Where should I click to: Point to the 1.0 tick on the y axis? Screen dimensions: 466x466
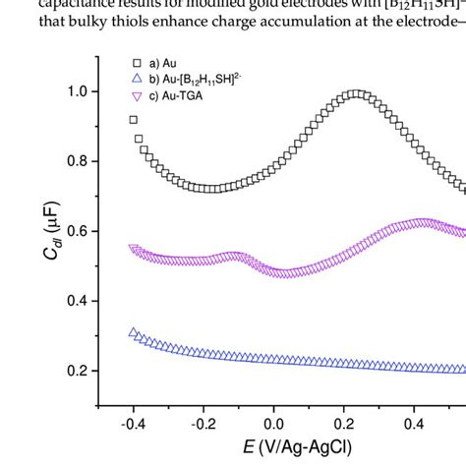pyautogui.click(x=76, y=91)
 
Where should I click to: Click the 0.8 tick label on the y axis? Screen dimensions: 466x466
pyautogui.click(x=76, y=161)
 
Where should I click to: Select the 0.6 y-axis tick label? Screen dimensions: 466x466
pyautogui.click(x=76, y=231)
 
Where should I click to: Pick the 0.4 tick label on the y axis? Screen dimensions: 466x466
pyautogui.click(x=76, y=301)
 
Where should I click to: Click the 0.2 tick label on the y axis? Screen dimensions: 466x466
pyautogui.click(x=76, y=371)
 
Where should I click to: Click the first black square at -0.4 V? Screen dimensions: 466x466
pyautogui.click(x=134, y=120)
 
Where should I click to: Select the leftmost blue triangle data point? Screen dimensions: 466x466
pyautogui.click(x=134, y=332)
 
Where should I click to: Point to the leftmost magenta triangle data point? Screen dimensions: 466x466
pyautogui.click(x=134, y=249)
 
